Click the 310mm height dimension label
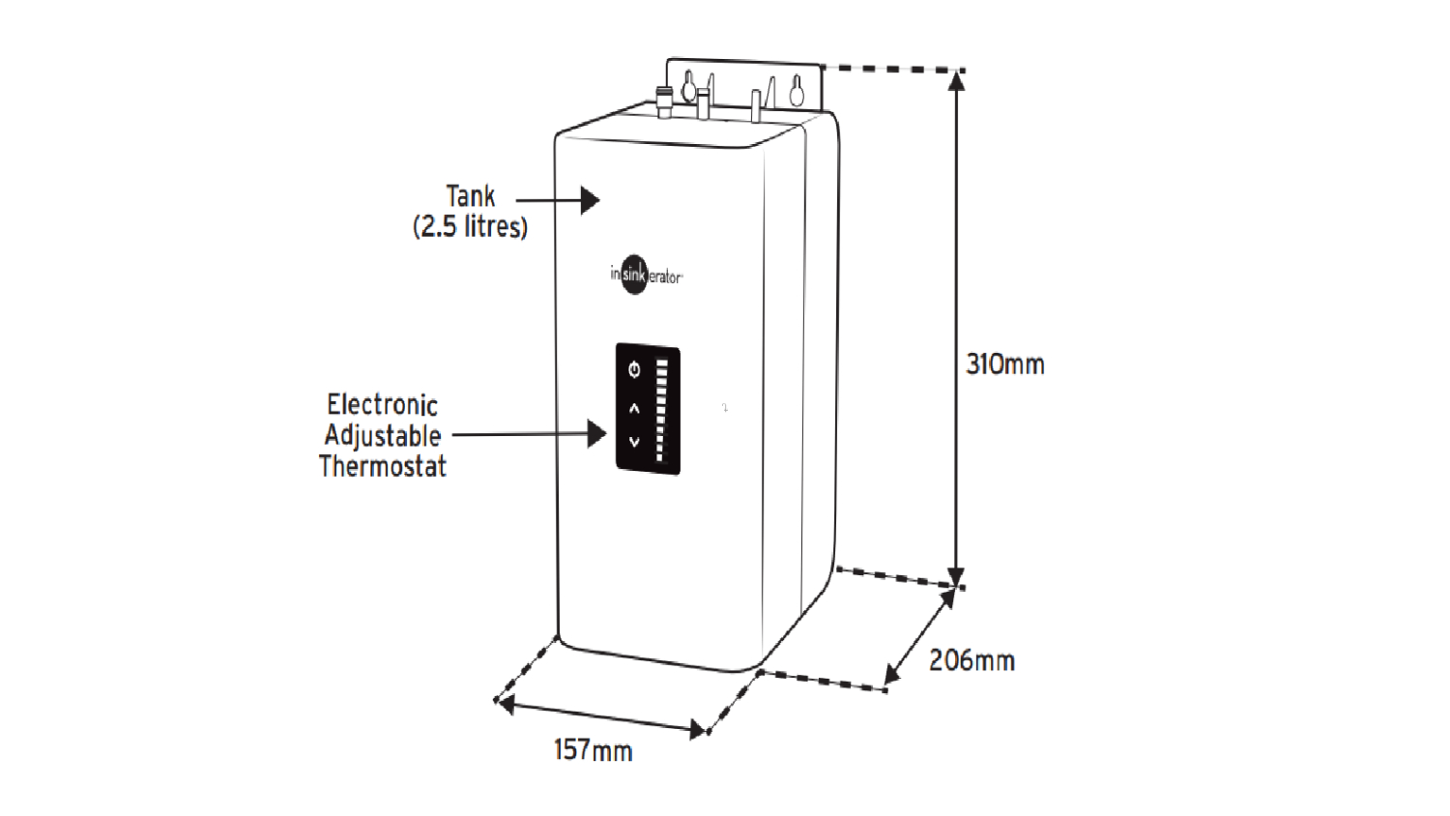point(1005,364)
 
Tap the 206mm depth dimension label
point(971,661)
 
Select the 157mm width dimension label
point(593,750)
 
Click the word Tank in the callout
point(470,196)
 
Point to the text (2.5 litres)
point(470,227)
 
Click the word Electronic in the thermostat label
point(382,404)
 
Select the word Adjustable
point(382,435)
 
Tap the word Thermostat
point(382,467)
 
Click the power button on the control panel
point(634,369)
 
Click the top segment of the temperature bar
point(662,363)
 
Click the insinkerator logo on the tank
point(645,276)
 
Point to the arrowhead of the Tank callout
point(590,200)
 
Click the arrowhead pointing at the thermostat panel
point(596,434)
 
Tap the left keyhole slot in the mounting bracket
point(688,88)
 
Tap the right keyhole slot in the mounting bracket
point(797,91)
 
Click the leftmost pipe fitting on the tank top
point(664,101)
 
